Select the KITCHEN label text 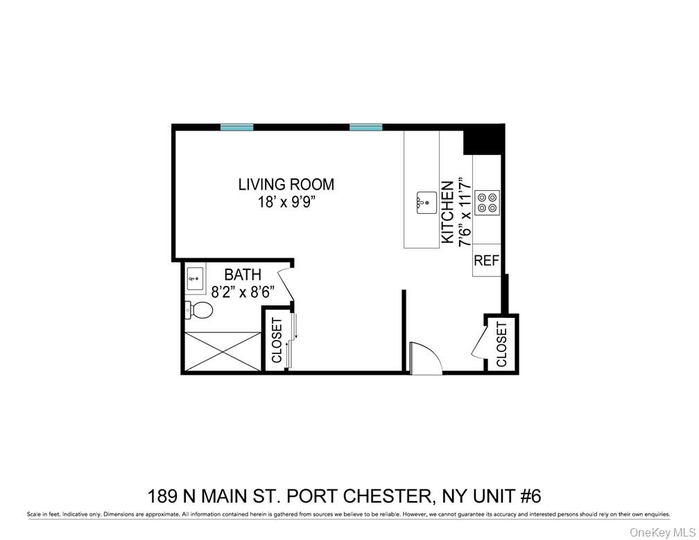pyautogui.click(x=448, y=212)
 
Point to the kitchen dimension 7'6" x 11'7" pyautogui.click(x=466, y=212)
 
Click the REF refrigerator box pyautogui.click(x=486, y=261)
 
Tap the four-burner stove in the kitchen pyautogui.click(x=487, y=201)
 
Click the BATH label pyautogui.click(x=243, y=276)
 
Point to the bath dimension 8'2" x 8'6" pyautogui.click(x=243, y=293)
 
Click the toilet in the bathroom pyautogui.click(x=198, y=310)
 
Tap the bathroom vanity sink pyautogui.click(x=195, y=279)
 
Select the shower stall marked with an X pyautogui.click(x=220, y=352)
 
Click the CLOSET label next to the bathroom pyautogui.click(x=276, y=341)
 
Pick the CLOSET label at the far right pyautogui.click(x=501, y=344)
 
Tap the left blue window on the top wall pyautogui.click(x=236, y=127)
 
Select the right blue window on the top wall pyautogui.click(x=366, y=127)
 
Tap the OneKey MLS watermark pyautogui.click(x=662, y=532)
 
